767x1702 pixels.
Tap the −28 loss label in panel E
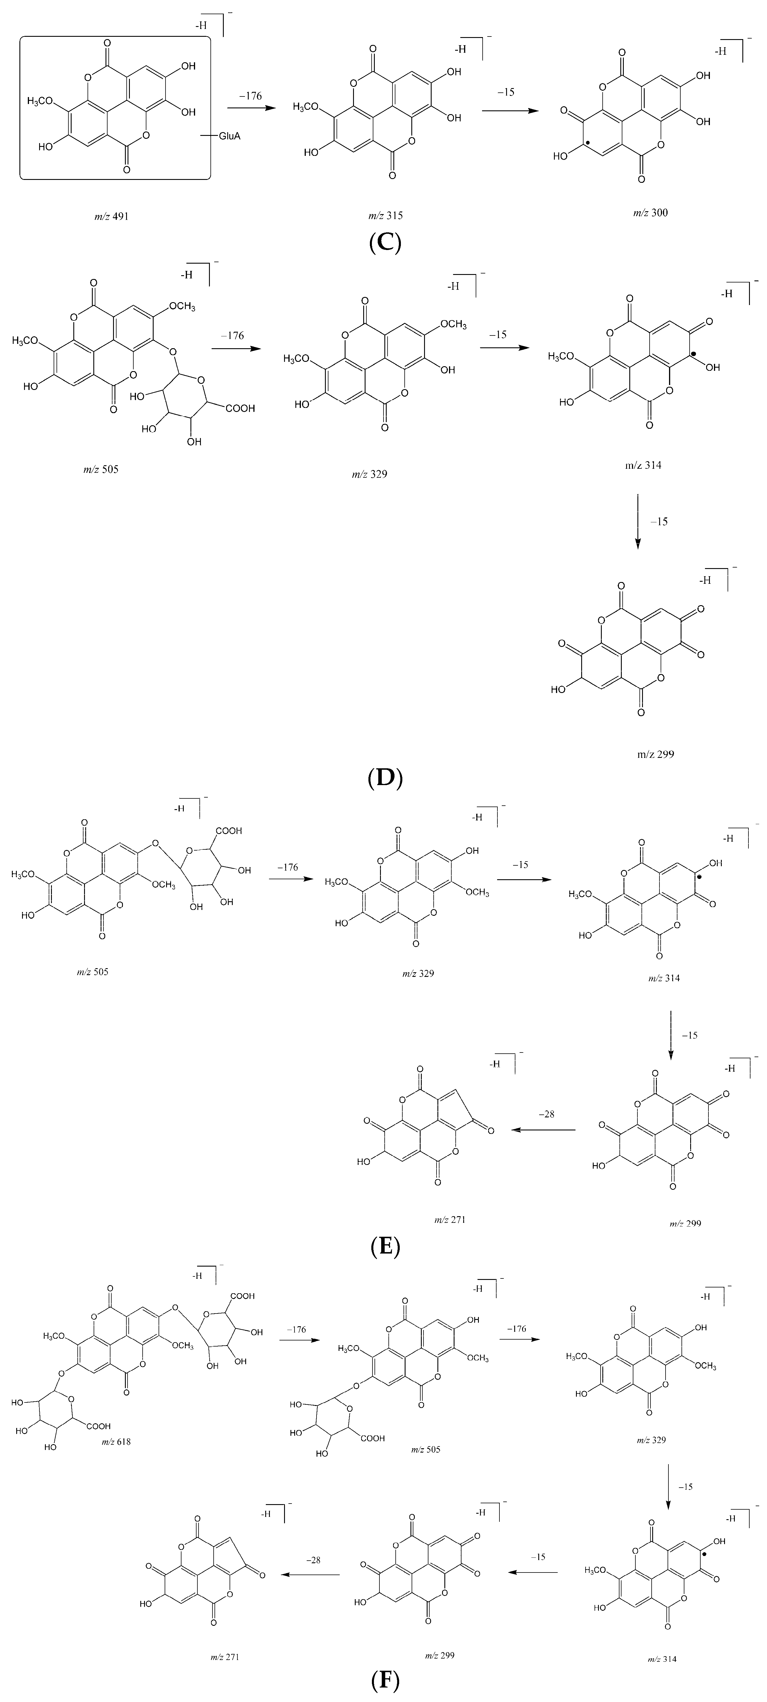coord(546,1114)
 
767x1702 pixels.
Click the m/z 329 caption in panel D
coord(369,474)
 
